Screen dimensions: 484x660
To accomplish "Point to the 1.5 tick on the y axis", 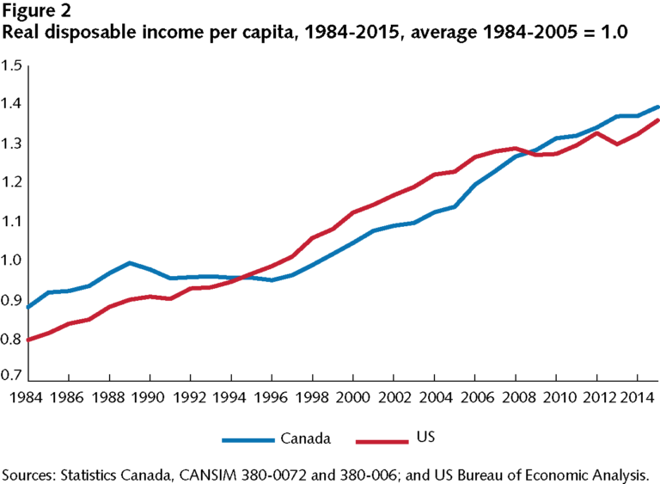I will [x=12, y=65].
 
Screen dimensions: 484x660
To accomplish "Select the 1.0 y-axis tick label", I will [x=12, y=260].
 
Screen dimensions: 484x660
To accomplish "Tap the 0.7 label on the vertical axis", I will [x=12, y=376].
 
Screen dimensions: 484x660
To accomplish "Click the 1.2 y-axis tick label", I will [x=12, y=182].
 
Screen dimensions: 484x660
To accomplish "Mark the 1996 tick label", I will [x=271, y=398].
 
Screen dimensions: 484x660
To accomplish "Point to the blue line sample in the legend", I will [x=247, y=439].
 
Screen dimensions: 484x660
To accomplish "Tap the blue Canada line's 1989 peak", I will [x=130, y=263].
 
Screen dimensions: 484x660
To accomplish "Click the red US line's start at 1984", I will [x=29, y=340].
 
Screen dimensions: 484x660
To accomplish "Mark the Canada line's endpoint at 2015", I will [x=657, y=107].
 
